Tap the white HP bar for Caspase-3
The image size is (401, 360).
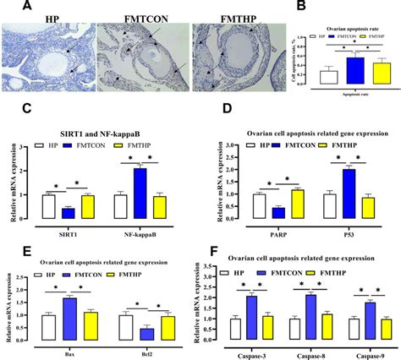236,328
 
